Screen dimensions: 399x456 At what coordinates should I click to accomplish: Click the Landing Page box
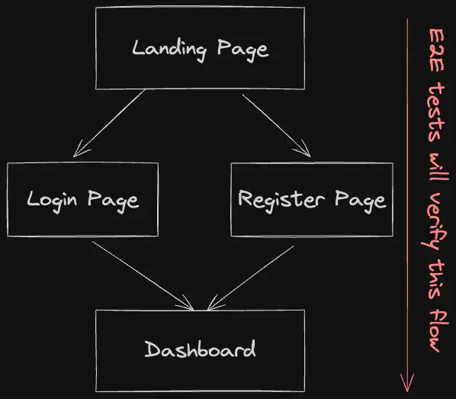click(x=200, y=48)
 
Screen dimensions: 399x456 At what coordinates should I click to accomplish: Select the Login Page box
click(x=82, y=200)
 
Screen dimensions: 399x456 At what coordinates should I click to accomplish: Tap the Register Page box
click(x=311, y=200)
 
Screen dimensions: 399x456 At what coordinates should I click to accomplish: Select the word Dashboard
click(x=200, y=350)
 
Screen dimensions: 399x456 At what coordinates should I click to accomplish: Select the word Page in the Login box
click(x=113, y=200)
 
